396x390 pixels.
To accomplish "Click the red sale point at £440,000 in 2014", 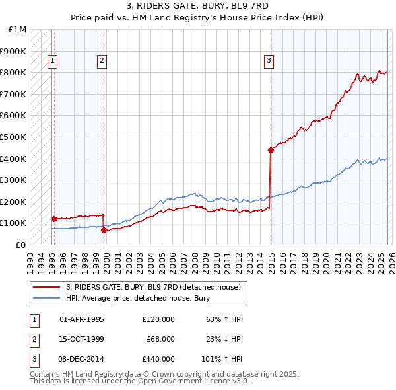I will tap(271, 150).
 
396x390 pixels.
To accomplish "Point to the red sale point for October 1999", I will tap(104, 230).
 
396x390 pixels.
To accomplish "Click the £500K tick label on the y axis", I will tap(13, 137).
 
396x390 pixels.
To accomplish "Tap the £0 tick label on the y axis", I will tap(20, 245).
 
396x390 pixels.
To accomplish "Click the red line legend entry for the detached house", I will tap(156, 287).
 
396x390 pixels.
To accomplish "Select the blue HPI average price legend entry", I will tap(137, 299).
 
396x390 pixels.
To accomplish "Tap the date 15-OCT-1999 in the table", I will tap(82, 339).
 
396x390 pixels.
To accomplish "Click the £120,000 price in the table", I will tap(158, 319).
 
